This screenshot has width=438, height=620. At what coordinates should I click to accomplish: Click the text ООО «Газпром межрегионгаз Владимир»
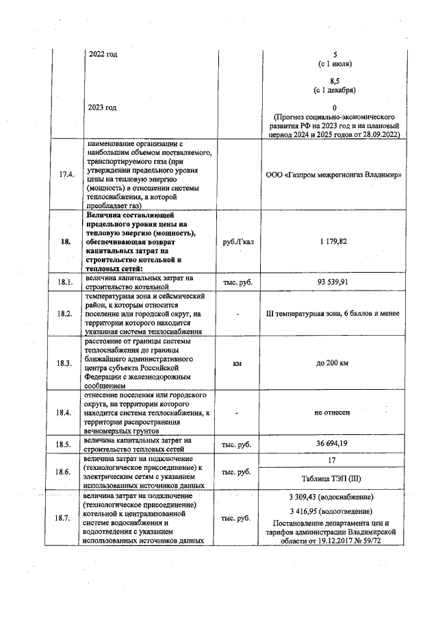pos(334,174)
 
